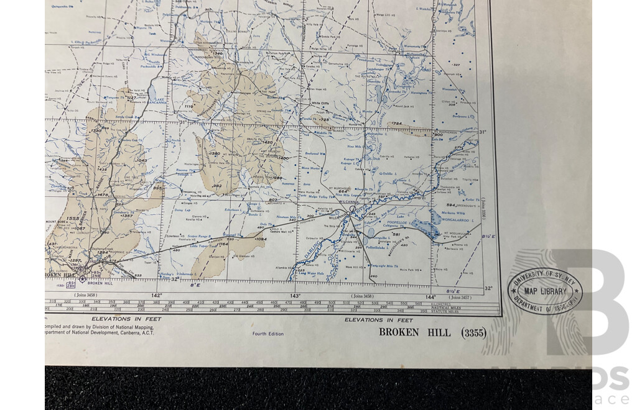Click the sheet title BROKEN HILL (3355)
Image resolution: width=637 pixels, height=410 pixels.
432,332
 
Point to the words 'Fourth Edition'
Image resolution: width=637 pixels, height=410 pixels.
268,334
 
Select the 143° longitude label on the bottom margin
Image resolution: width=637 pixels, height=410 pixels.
295,296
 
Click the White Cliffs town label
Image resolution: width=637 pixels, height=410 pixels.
320,104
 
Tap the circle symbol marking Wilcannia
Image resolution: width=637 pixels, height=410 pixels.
352,211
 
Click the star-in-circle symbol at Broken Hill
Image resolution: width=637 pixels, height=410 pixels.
82,279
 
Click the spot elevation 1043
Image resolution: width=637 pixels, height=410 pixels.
140,160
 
